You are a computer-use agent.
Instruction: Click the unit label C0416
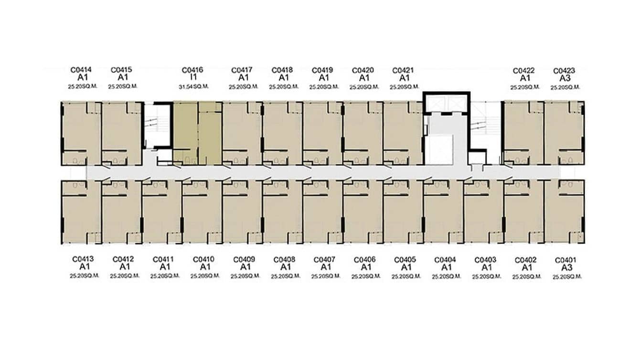(192, 70)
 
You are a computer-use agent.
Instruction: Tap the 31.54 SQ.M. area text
(192, 87)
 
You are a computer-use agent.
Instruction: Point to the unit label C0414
(81, 70)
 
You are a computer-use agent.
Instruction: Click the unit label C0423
(564, 71)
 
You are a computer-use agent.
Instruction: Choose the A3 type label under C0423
(564, 78)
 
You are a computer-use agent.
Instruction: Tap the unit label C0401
(566, 260)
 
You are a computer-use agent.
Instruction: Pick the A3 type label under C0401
(566, 268)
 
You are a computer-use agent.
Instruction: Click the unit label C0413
(83, 259)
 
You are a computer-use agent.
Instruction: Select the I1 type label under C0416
(193, 77)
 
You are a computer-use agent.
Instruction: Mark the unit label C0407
(324, 260)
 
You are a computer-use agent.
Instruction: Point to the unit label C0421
(403, 70)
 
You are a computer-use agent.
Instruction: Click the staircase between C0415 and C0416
(157, 126)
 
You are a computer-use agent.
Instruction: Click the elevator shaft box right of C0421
(447, 103)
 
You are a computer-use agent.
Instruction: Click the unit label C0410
(203, 259)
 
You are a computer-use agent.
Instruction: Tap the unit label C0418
(282, 70)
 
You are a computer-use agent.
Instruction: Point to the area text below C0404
(447, 276)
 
